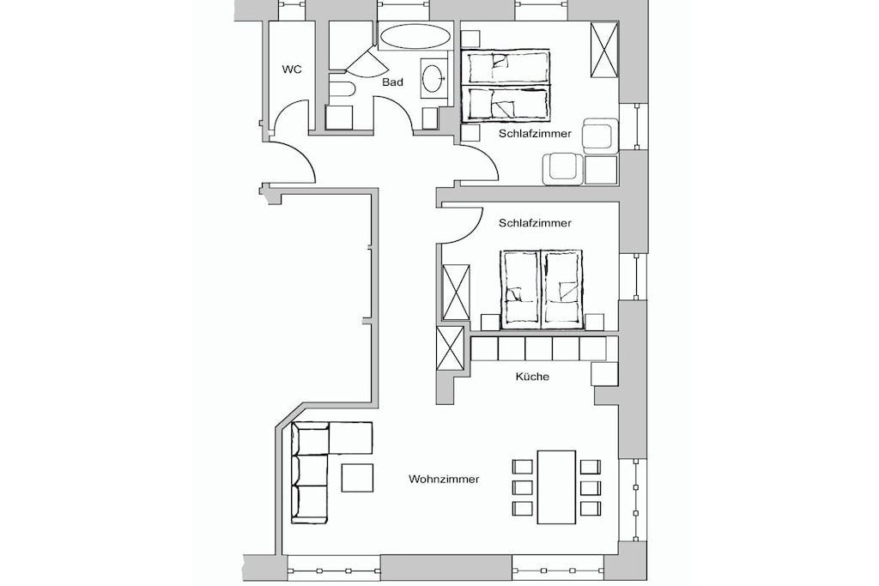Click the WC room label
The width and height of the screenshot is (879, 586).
click(x=292, y=69)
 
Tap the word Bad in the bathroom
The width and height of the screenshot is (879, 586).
click(x=392, y=82)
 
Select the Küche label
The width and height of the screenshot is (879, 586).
click(x=532, y=377)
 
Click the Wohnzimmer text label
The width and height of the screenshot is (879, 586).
click(x=444, y=479)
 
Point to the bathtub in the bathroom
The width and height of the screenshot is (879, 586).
click(x=415, y=37)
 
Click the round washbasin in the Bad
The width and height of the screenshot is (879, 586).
click(x=433, y=78)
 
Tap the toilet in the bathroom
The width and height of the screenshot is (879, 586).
click(x=340, y=90)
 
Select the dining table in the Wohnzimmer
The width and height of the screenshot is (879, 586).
click(x=556, y=486)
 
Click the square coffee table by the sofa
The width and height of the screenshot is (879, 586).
click(x=357, y=478)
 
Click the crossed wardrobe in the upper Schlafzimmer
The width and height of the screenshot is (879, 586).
click(x=604, y=50)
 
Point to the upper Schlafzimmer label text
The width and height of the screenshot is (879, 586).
click(x=535, y=133)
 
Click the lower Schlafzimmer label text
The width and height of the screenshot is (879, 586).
click(x=535, y=223)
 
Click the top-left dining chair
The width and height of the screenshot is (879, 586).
click(x=523, y=467)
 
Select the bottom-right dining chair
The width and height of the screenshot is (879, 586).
click(x=591, y=508)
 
